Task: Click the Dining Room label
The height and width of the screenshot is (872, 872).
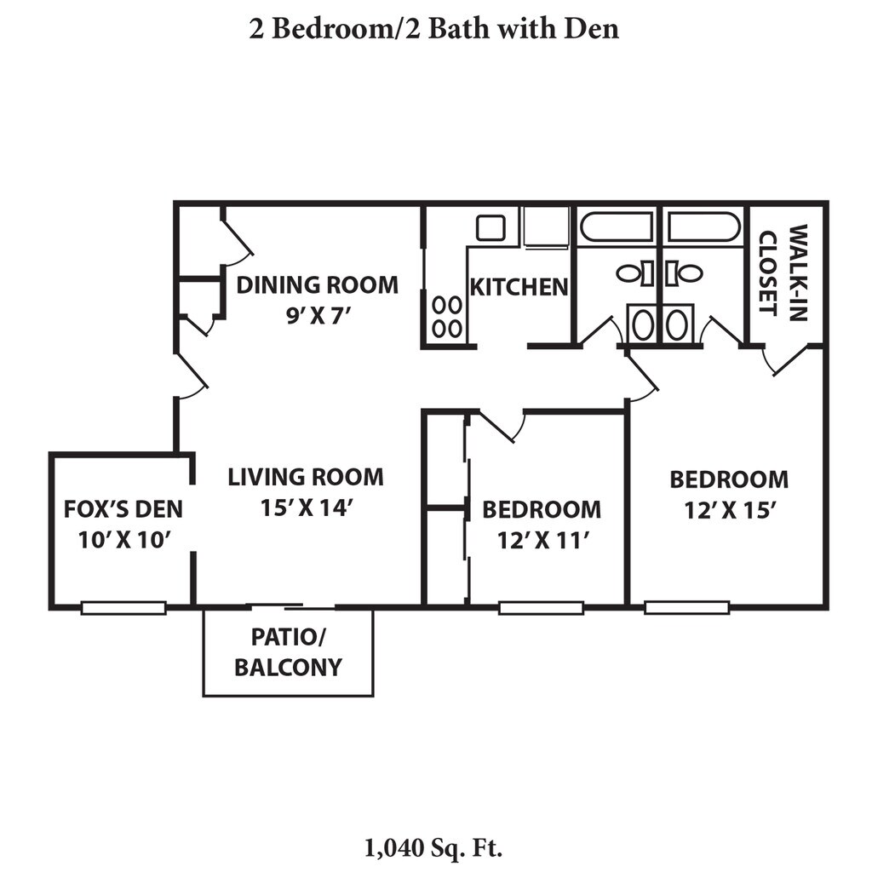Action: point(318,285)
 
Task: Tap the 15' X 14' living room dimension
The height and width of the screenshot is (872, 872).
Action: point(307,508)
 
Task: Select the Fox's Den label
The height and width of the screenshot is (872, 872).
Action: point(123,509)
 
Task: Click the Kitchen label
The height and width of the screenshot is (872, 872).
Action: point(519,288)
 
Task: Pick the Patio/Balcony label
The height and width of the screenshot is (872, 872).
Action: point(288,652)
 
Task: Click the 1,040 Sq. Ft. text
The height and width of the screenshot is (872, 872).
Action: point(433,849)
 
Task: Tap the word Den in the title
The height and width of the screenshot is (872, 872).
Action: point(591,29)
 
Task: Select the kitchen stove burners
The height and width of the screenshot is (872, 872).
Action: point(446,318)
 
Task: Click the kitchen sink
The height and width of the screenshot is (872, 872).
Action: point(490,228)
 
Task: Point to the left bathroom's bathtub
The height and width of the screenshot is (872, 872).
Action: point(617,227)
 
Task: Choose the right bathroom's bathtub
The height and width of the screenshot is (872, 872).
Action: point(703,227)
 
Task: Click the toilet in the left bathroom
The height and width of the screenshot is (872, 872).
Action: point(634,273)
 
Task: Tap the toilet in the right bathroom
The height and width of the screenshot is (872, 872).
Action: point(684,273)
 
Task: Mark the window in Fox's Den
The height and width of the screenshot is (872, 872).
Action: point(123,608)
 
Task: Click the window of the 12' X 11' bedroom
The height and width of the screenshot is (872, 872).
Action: point(541,608)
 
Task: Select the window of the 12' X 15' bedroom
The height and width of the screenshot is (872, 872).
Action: point(687,607)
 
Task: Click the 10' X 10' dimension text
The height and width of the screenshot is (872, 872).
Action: point(123,540)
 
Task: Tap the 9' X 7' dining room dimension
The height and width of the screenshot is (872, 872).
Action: point(318,316)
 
